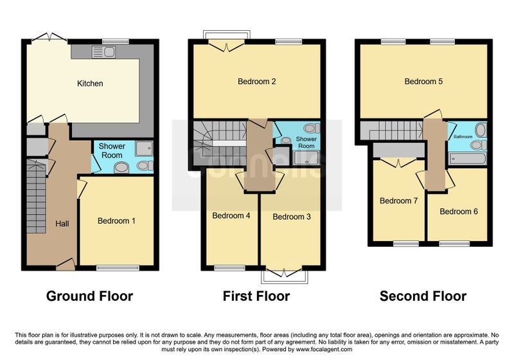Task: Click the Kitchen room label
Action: click(x=90, y=84)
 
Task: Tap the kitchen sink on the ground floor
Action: click(x=103, y=52)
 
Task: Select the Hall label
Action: click(x=62, y=224)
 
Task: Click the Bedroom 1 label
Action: click(x=116, y=221)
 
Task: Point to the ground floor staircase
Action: click(x=36, y=196)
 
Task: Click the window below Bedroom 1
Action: click(x=118, y=268)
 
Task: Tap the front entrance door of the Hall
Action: click(x=66, y=264)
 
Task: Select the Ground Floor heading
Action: click(x=89, y=296)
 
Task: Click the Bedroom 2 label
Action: click(x=256, y=81)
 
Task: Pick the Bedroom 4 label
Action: click(x=231, y=215)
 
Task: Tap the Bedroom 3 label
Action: click(x=292, y=217)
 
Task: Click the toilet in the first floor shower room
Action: click(x=311, y=128)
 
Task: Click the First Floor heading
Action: click(x=256, y=296)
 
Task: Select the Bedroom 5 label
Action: click(x=423, y=81)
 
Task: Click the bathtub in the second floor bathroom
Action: click(x=468, y=159)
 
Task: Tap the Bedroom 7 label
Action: click(x=398, y=201)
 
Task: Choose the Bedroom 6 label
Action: click(x=459, y=212)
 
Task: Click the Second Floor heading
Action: click(x=423, y=296)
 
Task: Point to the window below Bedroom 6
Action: click(x=454, y=244)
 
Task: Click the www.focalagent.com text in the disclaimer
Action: click(x=324, y=350)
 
